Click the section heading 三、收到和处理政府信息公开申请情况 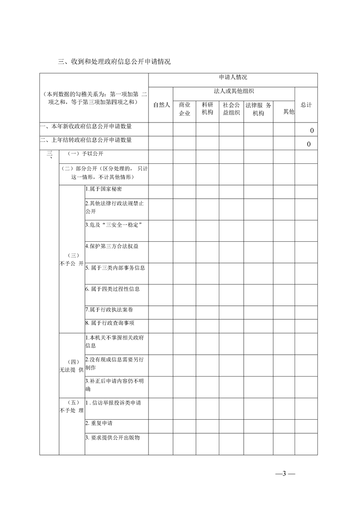point(114,62)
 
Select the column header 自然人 point(161,105)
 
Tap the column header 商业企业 point(184,109)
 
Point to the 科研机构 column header point(207,109)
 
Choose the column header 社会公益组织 point(231,109)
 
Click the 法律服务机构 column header point(258,109)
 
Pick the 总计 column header point(306,105)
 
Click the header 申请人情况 point(233,78)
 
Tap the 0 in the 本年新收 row point(311,131)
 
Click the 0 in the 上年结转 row point(309,144)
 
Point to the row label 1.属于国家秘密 point(103,189)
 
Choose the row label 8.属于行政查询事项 point(110,323)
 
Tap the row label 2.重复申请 point(99,423)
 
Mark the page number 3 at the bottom point(285,474)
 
